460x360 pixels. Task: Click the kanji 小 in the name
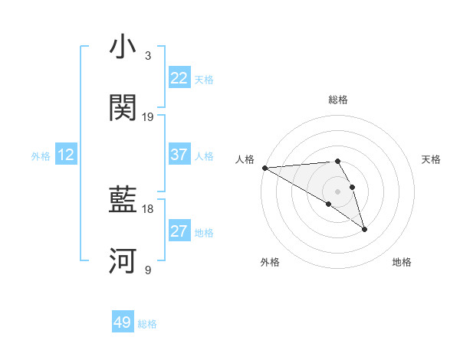click(123, 47)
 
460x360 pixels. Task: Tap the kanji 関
click(123, 109)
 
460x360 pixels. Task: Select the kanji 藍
click(123, 201)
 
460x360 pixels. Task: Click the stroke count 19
click(148, 117)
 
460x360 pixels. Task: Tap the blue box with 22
click(179, 78)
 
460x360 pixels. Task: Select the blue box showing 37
click(179, 155)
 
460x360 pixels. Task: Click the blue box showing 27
click(179, 232)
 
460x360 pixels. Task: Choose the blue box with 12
click(66, 155)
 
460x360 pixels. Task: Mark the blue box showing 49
click(123, 323)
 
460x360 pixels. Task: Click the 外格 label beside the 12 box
click(41, 156)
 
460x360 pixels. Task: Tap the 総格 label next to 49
click(147, 324)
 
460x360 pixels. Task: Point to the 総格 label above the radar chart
click(337, 100)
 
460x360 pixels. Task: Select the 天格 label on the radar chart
click(431, 159)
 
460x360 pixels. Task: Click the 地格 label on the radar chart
click(402, 262)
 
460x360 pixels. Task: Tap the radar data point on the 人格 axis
click(264, 168)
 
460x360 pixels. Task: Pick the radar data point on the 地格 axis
click(364, 229)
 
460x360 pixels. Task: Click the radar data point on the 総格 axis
click(337, 161)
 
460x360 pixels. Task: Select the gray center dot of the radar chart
click(337, 191)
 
